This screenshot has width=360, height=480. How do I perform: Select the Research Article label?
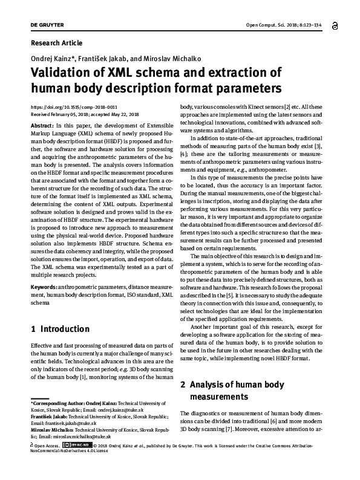tap(56, 43)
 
